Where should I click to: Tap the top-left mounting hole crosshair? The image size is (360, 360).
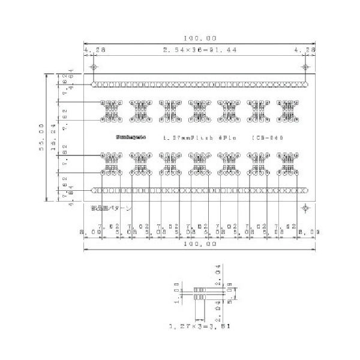coord(94,67)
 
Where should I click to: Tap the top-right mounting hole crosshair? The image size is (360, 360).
coord(305,67)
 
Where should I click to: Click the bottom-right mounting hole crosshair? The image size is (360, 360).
coord(305,208)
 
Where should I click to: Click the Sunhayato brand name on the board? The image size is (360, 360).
coord(127,137)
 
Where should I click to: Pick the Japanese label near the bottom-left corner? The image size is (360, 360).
coord(111,208)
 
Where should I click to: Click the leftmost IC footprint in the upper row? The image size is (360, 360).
coord(111,109)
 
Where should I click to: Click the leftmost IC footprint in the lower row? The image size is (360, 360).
coord(111,162)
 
